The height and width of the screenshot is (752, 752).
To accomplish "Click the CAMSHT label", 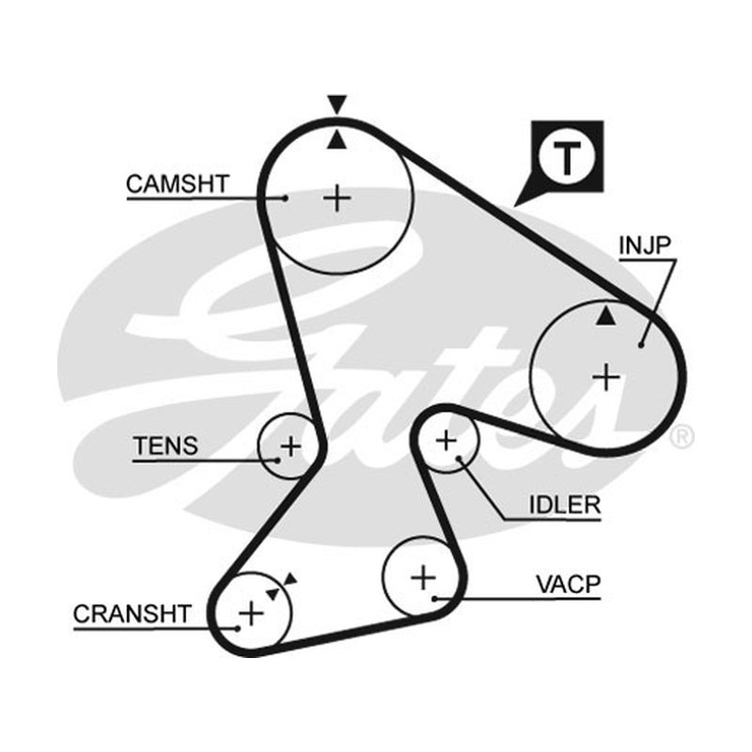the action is coord(178,183).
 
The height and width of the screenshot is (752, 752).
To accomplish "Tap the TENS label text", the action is coord(165,446).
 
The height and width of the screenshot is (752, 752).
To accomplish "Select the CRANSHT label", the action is coord(133,614).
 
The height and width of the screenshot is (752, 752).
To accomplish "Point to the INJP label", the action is coord(645,245).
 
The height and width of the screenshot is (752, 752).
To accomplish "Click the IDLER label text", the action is coord(565,505).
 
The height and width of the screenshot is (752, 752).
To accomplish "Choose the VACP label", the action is coord(569,584).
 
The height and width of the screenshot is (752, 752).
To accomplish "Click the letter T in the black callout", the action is coord(568,158).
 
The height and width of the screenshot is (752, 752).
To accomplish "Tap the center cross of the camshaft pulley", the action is coord(337,198).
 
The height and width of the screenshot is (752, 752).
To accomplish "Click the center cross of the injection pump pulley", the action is coord(606,377).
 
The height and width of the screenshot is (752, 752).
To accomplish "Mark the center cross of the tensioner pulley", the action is coord(290,446).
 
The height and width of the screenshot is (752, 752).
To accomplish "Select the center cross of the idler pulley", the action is coord(447,440).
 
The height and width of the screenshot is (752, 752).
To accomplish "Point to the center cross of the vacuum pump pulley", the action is coord(424,577).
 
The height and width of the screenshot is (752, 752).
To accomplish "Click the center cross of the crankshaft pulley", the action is coord(251,613).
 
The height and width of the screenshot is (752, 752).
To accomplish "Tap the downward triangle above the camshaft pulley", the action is coord(337,104).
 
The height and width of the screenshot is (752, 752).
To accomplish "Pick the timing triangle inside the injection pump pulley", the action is coord(605,316).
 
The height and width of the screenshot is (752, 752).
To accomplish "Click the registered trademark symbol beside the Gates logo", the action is coord(681,437).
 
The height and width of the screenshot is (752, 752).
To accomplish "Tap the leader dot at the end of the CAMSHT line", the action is coord(286,198).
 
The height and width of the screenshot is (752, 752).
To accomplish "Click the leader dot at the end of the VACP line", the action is coord(434,598).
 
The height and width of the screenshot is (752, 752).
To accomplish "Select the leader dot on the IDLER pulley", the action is coord(459,459).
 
